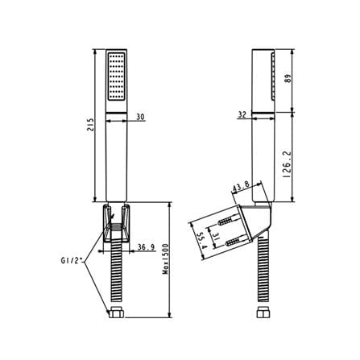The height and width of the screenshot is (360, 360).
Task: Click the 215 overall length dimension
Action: coord(92,124)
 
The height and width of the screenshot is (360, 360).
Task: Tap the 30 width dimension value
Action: coord(140,117)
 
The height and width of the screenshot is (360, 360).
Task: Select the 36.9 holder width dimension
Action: coord(147,247)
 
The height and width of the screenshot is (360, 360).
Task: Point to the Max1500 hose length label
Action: coord(166,259)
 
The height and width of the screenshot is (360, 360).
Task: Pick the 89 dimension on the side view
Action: coord(288,78)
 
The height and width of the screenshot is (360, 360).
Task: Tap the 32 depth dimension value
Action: coord(242,115)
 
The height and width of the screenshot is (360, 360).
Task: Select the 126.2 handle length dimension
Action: coord(287,165)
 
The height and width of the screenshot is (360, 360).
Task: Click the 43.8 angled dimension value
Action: coord(241,187)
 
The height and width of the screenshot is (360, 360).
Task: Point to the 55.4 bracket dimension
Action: coord(201,241)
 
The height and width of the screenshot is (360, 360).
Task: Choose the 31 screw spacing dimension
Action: coord(215,236)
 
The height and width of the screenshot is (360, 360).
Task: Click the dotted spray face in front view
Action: coord(117,77)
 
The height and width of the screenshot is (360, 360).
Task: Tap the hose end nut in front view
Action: coord(116,313)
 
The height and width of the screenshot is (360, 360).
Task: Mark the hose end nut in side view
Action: coord(263,313)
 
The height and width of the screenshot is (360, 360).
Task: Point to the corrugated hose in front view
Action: coord(116,275)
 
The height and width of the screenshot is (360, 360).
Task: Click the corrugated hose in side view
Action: coord(263,272)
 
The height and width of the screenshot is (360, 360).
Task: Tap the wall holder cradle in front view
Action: coord(116,223)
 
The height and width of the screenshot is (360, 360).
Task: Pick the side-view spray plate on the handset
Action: coord(273,77)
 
